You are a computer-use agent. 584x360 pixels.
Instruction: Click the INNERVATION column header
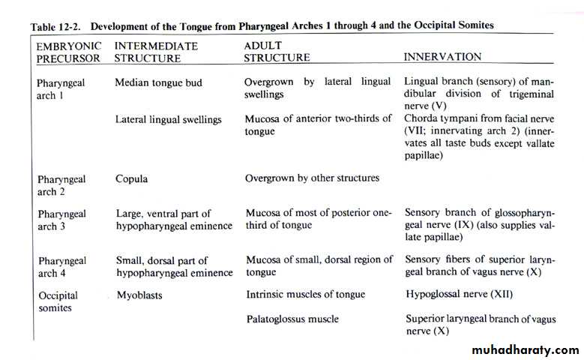tap(442, 57)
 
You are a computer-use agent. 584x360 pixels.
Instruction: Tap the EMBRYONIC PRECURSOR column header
tap(68, 52)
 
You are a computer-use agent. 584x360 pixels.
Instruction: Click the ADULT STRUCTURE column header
tap(277, 52)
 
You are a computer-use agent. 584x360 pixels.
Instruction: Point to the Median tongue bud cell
tap(158, 82)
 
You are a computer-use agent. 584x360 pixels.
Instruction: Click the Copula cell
tap(131, 178)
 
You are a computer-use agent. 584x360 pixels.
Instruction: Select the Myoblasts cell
tap(140, 295)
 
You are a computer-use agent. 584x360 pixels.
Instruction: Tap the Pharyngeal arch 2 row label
tap(61, 184)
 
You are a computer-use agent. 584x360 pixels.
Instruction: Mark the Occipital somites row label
tap(58, 301)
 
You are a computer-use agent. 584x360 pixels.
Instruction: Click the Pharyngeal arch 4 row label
tap(61, 266)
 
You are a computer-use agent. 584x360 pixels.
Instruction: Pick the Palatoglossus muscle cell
tap(291, 319)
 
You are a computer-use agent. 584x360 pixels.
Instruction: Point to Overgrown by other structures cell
tap(312, 178)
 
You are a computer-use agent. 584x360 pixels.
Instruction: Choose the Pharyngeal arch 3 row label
tap(61, 220)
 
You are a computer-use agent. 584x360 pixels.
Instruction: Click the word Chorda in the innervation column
tap(422, 118)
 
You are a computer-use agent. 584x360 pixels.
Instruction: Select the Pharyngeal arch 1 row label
tap(61, 88)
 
